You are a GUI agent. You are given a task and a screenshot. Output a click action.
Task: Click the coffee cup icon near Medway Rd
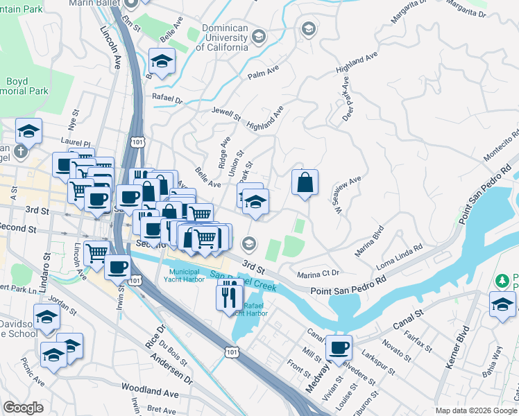tap(339, 347)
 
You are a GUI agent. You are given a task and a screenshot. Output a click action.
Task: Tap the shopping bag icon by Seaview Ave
tap(305, 183)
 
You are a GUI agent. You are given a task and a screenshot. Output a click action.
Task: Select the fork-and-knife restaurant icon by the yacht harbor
tap(229, 297)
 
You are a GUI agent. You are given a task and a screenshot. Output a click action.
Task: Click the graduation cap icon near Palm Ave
tap(162, 62)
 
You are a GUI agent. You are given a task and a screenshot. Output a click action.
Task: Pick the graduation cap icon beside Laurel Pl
tap(28, 131)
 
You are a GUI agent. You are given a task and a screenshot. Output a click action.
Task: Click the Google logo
tap(24, 408)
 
